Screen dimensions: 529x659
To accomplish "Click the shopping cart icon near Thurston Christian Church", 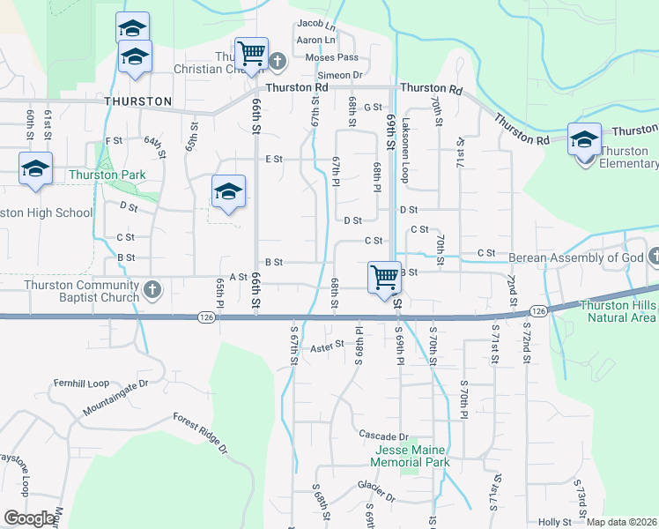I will tap(252, 52).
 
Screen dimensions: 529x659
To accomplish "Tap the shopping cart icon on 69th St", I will tap(384, 276).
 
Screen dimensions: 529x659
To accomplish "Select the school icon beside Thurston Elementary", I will tap(584, 138).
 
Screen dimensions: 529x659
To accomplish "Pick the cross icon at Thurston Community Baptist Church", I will tap(152, 288).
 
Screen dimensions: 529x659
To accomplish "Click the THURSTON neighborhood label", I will tap(138, 101).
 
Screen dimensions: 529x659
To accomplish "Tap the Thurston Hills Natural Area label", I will tap(618, 311).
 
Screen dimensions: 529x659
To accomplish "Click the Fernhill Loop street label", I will tap(79, 384).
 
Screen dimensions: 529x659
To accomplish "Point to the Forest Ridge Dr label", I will tap(200, 434).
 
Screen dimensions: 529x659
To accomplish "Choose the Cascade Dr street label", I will tap(384, 436).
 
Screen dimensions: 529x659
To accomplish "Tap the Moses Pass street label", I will tap(331, 57).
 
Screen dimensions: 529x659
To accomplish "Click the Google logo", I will tap(29, 518).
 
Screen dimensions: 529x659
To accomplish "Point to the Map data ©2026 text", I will tap(623, 522).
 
